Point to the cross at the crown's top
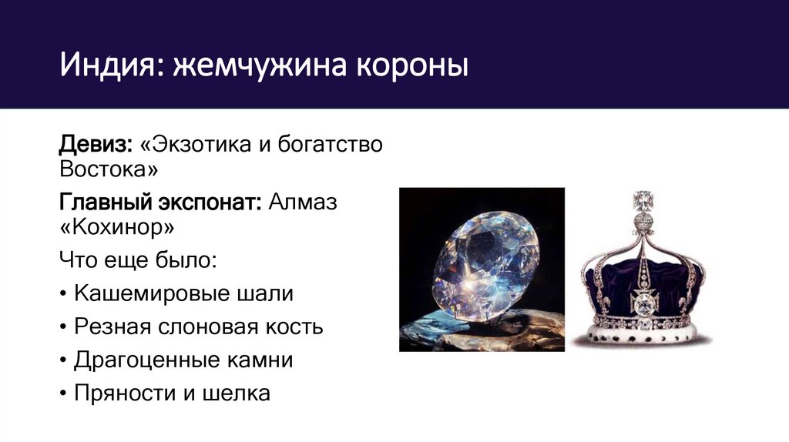[x=643, y=203]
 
